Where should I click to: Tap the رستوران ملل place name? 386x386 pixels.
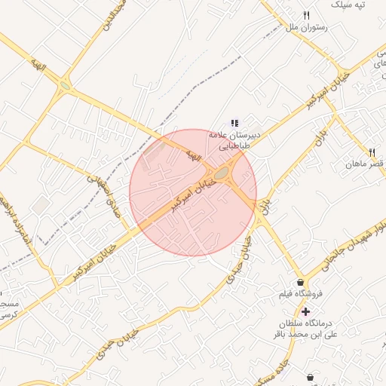[302, 28]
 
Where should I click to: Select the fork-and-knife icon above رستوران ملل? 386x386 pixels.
[306, 15]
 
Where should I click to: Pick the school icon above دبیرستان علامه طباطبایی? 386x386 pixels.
[234, 122]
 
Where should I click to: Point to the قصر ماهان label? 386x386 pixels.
[365, 164]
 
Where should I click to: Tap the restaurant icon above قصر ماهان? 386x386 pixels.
[372, 152]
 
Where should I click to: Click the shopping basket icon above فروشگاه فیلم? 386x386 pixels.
[301, 282]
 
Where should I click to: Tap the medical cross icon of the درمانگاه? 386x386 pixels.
[305, 311]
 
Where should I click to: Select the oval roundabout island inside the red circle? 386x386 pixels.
[222, 175]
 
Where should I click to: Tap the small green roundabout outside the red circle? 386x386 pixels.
[66, 85]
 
